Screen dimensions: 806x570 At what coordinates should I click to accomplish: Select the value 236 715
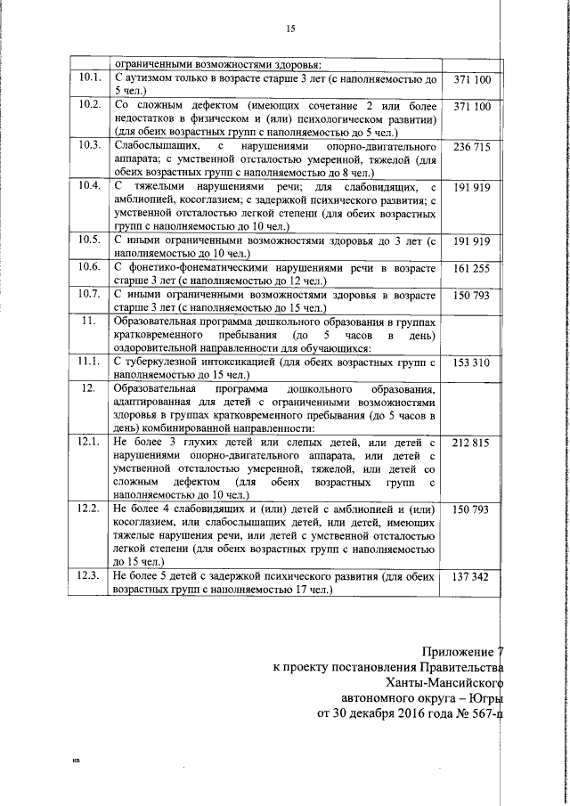pyautogui.click(x=472, y=146)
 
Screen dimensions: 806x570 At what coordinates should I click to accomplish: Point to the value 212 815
pyautogui.click(x=472, y=443)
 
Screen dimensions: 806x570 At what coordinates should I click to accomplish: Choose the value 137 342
pyautogui.click(x=472, y=578)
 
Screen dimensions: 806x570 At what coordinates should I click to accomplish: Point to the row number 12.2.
pyautogui.click(x=89, y=509)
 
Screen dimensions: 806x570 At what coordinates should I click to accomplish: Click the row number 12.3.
pyautogui.click(x=89, y=578)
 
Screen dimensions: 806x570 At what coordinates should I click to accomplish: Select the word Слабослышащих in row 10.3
pyautogui.click(x=157, y=146)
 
